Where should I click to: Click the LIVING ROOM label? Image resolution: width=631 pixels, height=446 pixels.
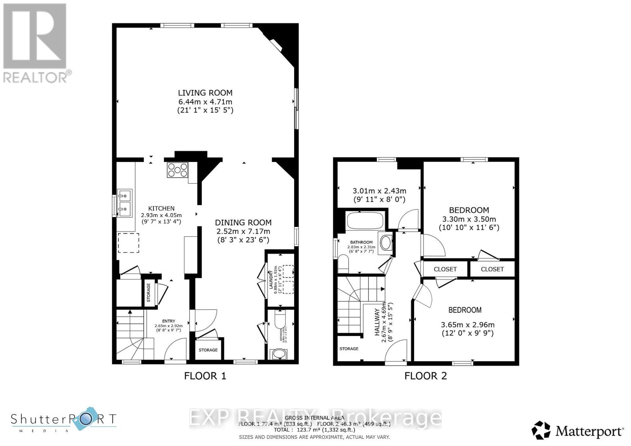(205, 93)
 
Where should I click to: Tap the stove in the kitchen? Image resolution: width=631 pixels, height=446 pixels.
(177, 170)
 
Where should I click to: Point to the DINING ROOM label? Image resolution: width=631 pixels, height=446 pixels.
(243, 223)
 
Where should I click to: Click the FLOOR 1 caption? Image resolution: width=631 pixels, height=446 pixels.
(205, 376)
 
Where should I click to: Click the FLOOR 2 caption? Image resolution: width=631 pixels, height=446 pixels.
(426, 376)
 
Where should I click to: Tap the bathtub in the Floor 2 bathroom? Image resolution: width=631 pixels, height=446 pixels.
(364, 221)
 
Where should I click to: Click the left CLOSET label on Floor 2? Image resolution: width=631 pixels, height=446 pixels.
(445, 269)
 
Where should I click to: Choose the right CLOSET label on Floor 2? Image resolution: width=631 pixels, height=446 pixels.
(492, 269)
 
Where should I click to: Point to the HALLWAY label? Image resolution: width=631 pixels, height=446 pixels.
(377, 322)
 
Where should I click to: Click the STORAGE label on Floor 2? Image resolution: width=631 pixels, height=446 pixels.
(349, 349)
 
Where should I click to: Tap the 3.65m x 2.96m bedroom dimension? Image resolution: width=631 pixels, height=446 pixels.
(467, 325)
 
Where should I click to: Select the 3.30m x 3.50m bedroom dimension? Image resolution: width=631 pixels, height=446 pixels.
(469, 219)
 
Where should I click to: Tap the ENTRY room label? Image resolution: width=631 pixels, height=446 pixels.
(168, 321)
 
